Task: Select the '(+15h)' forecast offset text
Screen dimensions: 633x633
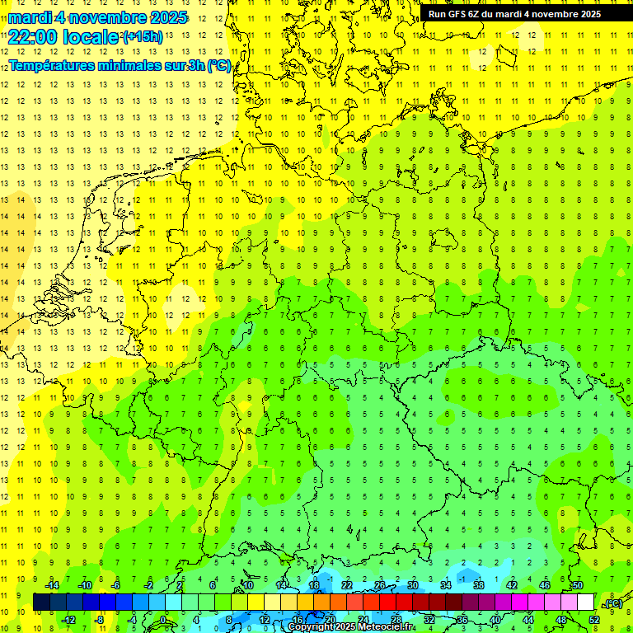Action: (143, 37)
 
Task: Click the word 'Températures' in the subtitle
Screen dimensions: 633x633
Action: (51, 66)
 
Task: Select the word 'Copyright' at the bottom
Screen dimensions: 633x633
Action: (312, 627)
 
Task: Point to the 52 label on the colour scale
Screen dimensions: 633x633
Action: (594, 620)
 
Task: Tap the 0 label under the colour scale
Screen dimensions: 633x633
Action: (163, 620)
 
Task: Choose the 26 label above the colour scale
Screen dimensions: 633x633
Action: (380, 585)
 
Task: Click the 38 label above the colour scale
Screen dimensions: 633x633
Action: (479, 585)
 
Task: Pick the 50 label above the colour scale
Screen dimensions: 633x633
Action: (578, 585)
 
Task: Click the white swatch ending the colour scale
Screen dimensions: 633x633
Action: (585, 603)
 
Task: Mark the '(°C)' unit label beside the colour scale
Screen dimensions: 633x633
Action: (612, 603)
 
